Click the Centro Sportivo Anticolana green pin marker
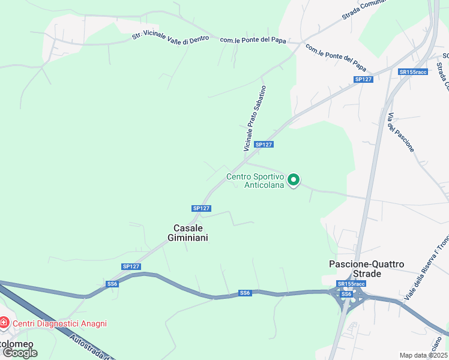(294, 180)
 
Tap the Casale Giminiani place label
(191, 233)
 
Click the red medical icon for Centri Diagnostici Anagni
(4, 323)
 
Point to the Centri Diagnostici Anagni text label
(59, 323)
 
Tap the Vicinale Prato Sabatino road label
(255, 118)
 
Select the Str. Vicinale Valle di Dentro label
(170, 37)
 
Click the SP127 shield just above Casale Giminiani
(202, 208)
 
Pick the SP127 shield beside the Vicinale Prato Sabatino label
(264, 145)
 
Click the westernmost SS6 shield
(112, 284)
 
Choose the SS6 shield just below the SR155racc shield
(346, 294)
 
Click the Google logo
(20, 352)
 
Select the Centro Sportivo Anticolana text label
(255, 181)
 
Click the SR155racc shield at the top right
(412, 72)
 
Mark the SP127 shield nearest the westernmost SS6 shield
(130, 266)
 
